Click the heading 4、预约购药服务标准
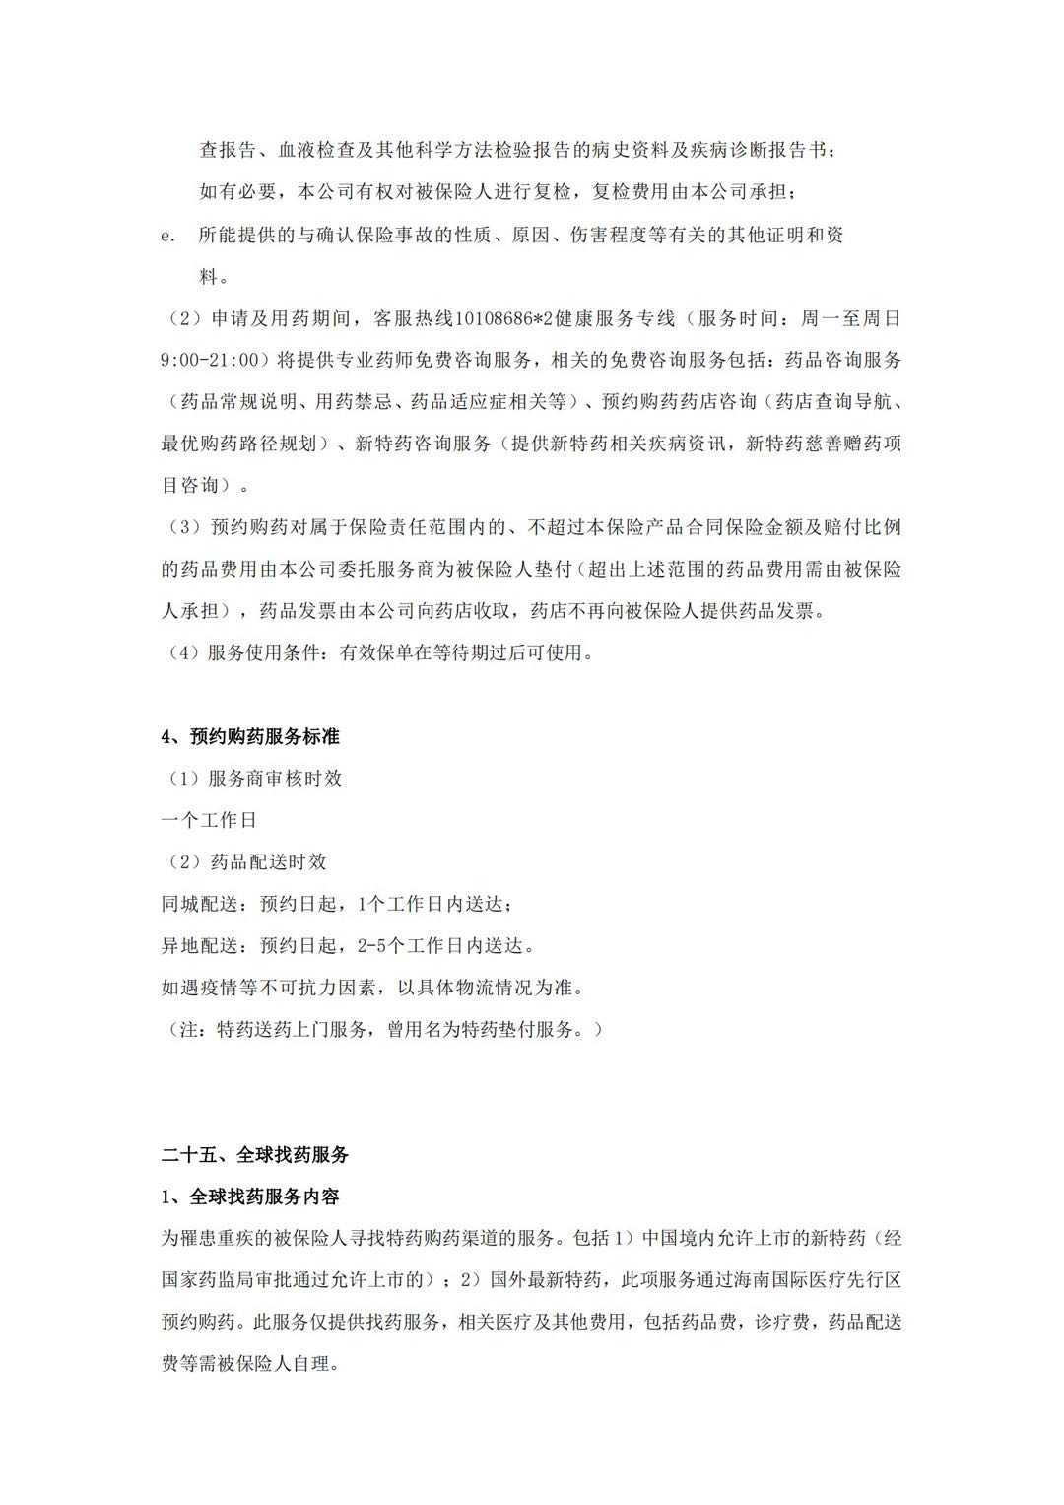pos(250,736)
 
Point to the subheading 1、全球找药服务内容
pos(250,1197)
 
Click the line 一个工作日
pos(209,820)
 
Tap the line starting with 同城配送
pos(336,904)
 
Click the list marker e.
pos(166,237)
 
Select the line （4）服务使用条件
pos(378,652)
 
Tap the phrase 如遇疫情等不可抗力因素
pos(268,988)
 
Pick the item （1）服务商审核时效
pos(254,778)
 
